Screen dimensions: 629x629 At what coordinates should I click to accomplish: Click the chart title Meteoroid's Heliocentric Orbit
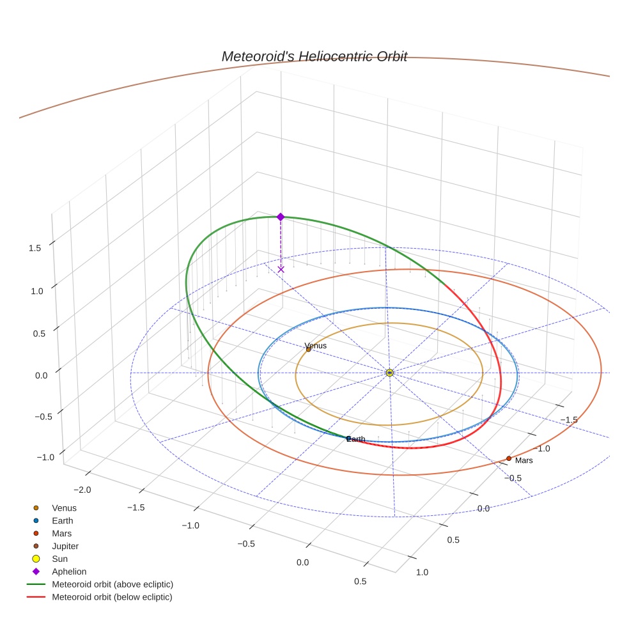(314, 56)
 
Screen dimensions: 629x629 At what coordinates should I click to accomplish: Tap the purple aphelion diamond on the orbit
(280, 217)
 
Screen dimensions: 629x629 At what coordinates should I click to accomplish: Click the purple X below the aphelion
(281, 269)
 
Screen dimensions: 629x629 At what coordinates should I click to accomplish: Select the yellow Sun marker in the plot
(390, 372)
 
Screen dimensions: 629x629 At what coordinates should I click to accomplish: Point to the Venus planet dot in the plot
(308, 349)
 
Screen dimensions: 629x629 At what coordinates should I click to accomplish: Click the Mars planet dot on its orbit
(508, 458)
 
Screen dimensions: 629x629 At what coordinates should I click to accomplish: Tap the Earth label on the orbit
(356, 439)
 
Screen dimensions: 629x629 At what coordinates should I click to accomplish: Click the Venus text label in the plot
(316, 346)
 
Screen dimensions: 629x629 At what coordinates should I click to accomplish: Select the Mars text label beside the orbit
(524, 460)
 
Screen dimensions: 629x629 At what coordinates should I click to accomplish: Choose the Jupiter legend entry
(65, 546)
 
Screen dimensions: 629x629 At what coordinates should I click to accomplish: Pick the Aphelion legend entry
(68, 571)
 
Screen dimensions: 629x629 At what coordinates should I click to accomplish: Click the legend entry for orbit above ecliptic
(112, 584)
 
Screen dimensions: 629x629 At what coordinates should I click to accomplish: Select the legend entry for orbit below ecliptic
(112, 597)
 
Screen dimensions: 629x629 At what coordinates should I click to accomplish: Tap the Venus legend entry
(64, 508)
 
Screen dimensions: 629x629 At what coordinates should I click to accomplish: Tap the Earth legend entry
(62, 520)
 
